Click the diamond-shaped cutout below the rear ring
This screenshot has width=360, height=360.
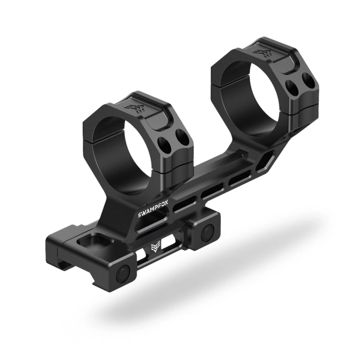pos(265,161)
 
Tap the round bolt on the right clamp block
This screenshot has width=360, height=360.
pos(207,233)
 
